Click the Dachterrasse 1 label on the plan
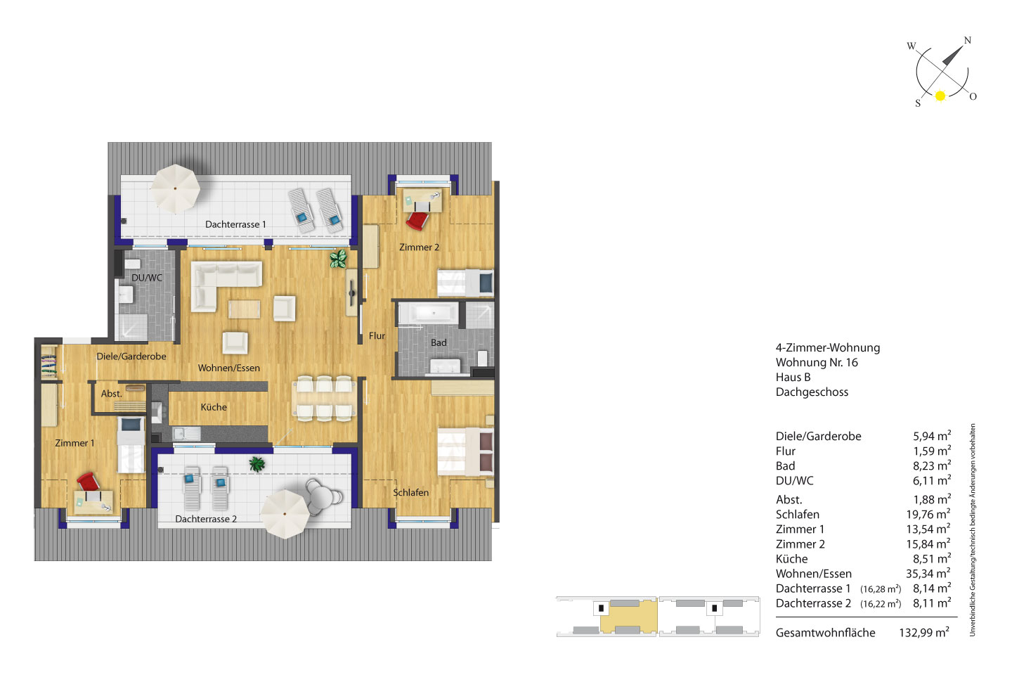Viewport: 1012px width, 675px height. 235,224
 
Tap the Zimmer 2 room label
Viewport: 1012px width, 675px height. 419,247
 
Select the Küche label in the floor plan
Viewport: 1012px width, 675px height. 214,407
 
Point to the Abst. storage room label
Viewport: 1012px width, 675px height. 112,394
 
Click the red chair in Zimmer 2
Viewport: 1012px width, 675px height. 417,221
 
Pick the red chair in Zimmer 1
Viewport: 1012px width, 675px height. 88,481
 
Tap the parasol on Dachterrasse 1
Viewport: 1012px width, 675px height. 175,188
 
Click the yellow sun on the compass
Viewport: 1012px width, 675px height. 940,96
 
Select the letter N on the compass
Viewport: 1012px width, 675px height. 967,40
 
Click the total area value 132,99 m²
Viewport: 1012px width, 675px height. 924,632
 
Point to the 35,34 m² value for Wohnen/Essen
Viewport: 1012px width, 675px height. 928,573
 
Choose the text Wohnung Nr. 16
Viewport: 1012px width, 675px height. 817,362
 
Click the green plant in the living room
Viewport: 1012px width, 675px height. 338,259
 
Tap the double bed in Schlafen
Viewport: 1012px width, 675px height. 465,451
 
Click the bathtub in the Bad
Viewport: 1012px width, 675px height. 434,313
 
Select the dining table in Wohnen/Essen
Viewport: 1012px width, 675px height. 324,398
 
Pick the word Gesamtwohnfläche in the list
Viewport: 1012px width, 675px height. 825,633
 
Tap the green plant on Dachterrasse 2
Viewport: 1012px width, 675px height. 257,464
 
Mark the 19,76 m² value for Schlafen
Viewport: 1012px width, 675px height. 928,514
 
